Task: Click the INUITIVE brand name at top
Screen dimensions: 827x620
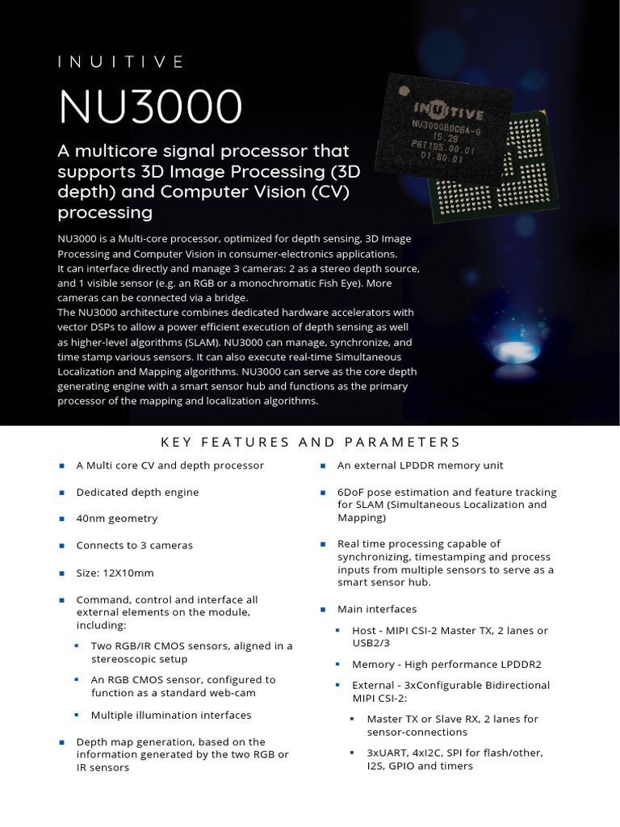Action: click(x=121, y=62)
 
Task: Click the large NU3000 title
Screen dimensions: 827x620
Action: click(x=150, y=106)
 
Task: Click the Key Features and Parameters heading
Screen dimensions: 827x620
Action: click(x=310, y=442)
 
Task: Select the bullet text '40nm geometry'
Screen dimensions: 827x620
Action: click(x=116, y=518)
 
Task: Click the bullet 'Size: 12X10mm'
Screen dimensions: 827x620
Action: click(x=115, y=573)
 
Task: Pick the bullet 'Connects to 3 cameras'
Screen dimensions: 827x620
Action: click(x=134, y=545)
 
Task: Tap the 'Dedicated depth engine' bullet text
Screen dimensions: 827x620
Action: click(x=137, y=492)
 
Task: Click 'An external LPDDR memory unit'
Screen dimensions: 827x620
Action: click(x=420, y=465)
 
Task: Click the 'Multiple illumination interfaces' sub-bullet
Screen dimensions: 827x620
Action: click(x=171, y=715)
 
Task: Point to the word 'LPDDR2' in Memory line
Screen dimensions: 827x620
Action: click(x=521, y=664)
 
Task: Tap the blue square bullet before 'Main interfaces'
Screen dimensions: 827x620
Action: click(x=322, y=609)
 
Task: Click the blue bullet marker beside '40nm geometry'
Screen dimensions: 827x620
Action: click(x=61, y=518)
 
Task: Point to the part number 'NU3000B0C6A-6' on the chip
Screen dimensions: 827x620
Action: click(x=446, y=127)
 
